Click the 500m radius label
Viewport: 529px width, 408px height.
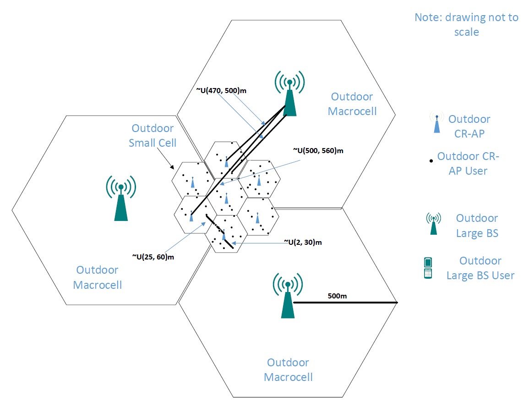pyautogui.click(x=337, y=296)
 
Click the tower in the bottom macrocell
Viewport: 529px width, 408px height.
pyautogui.click(x=287, y=296)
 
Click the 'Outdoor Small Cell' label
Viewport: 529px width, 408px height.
pyautogui.click(x=153, y=135)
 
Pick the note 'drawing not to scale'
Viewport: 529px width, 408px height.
pyautogui.click(x=466, y=25)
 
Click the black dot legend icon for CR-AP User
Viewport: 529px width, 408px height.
pyautogui.click(x=431, y=161)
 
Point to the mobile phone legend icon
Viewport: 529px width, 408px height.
pyautogui.click(x=428, y=268)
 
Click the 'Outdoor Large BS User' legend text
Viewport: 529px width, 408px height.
pyautogui.click(x=480, y=268)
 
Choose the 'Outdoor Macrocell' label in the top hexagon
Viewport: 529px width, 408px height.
pyautogui.click(x=352, y=104)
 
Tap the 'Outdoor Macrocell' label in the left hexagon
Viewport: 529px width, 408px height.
pyautogui.click(x=97, y=277)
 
